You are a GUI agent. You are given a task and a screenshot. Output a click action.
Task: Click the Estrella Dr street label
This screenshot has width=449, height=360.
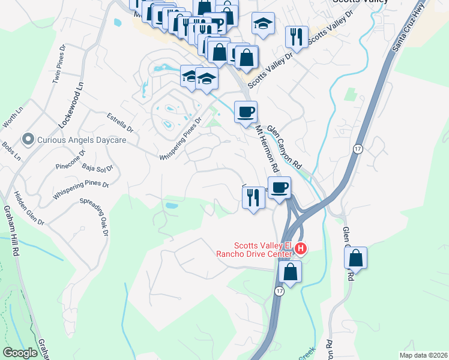click(119, 124)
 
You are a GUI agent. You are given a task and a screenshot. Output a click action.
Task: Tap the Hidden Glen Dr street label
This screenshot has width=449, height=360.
click(29, 208)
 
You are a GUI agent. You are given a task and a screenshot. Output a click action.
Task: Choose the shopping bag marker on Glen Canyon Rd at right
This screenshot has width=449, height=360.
click(356, 258)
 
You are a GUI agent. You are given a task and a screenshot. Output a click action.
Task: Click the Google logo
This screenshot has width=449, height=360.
click(20, 353)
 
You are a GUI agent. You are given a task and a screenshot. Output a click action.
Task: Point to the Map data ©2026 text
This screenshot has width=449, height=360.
click(423, 355)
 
